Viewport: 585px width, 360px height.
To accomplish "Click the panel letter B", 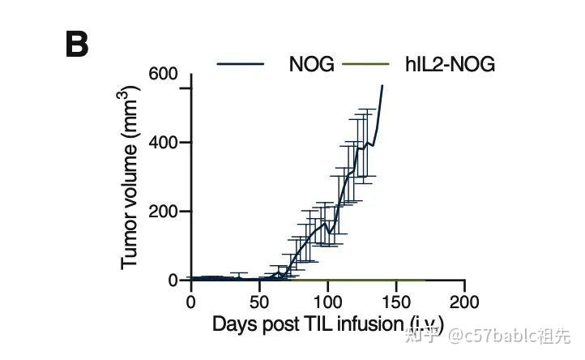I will tap(76, 45).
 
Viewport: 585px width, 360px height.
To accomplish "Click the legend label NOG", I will tap(311, 65).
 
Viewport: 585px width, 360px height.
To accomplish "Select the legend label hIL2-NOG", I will tap(450, 65).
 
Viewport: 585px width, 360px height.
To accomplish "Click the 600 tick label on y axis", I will tap(162, 75).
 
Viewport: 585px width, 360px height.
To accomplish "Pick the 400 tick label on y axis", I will tap(162, 143).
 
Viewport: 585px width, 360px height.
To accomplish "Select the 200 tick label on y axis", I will tap(162, 212).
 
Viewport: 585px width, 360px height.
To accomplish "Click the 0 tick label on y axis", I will tap(173, 281).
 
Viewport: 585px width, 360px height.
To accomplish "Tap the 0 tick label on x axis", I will tap(191, 302).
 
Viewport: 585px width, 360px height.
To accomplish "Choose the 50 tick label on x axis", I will tap(259, 302).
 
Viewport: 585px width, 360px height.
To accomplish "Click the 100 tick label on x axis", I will tap(327, 302).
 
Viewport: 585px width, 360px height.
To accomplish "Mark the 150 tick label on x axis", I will tap(396, 302).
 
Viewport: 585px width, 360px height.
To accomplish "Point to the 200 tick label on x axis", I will tap(464, 302).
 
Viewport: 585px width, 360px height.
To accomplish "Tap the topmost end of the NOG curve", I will tap(382, 85).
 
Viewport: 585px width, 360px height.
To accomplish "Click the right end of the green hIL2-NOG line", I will tap(425, 280).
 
